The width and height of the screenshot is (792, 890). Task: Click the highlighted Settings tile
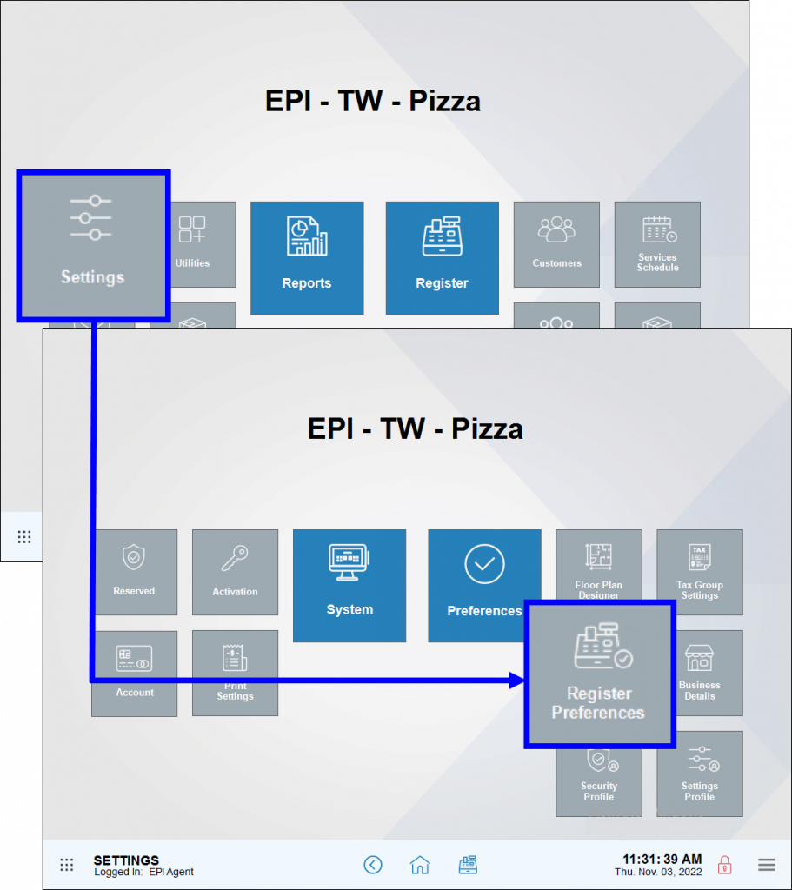coord(92,245)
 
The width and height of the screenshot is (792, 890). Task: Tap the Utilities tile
coord(192,244)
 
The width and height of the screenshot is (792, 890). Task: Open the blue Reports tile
coord(307,257)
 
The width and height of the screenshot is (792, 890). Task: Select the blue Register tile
coord(442,257)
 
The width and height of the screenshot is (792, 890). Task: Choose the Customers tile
coord(556,244)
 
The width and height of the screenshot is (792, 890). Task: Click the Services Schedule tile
coord(657,244)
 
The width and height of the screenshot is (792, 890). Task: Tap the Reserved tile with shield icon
coord(134,572)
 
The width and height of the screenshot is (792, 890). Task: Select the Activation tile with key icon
coord(235,572)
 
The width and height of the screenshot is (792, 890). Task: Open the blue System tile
coord(349,585)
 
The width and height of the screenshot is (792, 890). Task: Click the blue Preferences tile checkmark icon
coord(484,565)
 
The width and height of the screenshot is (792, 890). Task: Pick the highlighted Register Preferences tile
coord(599,674)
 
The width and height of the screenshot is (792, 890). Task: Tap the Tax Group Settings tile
coord(700,572)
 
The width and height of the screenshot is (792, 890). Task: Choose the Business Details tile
coord(700,673)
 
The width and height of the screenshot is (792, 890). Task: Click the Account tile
coord(135,673)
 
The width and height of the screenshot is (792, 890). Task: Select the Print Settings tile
coord(235,673)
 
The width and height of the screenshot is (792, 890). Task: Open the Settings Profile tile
coord(700,774)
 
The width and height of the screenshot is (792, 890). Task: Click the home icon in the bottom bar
coord(420,865)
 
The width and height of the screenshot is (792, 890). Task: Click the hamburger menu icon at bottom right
coord(767,865)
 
